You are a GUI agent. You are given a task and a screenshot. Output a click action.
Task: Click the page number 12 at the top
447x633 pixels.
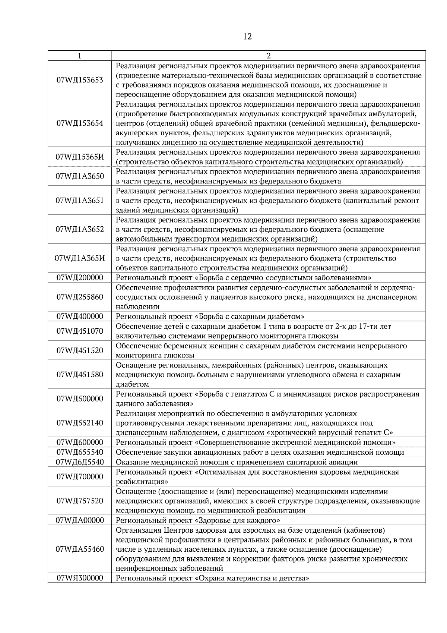(247, 37)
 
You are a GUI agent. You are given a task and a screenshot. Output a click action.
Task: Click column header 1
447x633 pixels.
(79, 56)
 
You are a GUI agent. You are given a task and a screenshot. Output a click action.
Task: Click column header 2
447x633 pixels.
(269, 56)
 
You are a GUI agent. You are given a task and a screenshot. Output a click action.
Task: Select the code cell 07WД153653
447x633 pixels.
(80, 80)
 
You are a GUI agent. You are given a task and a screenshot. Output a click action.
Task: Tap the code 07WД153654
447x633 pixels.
(80, 123)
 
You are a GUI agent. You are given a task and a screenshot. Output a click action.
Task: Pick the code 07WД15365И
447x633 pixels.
(80, 157)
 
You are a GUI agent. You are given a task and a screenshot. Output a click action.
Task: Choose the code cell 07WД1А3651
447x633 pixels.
(80, 201)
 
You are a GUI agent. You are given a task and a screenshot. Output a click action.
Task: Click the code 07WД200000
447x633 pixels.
(80, 278)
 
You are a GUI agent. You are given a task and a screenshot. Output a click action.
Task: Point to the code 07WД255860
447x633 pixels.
(80, 297)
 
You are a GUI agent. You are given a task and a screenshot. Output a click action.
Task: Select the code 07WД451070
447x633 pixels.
(80, 331)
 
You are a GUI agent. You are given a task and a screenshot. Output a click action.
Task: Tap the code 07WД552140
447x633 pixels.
(80, 423)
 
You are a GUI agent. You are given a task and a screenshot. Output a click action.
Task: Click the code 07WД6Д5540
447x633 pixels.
(80, 462)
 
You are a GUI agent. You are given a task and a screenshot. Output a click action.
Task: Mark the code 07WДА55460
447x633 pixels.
(80, 549)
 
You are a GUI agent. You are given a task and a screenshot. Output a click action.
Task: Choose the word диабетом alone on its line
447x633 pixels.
(132, 384)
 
